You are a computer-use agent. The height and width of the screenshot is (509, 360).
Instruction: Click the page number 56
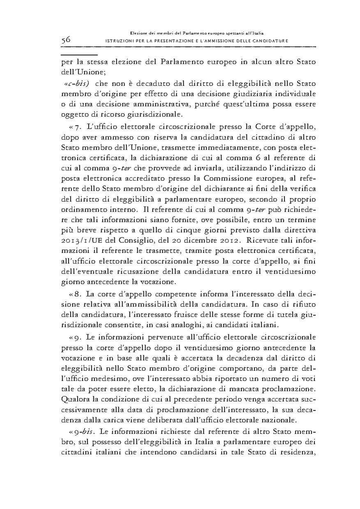click(66, 40)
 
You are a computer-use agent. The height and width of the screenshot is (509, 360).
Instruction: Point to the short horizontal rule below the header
click(78, 54)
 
